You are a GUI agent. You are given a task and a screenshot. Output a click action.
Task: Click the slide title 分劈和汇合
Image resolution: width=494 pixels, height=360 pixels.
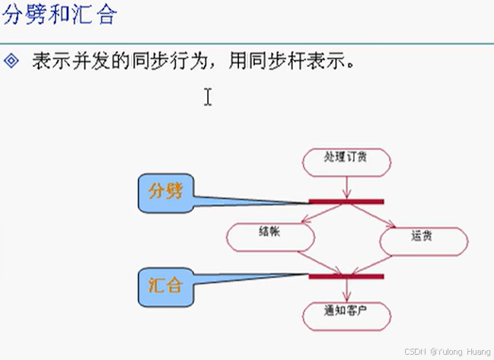(x=59, y=16)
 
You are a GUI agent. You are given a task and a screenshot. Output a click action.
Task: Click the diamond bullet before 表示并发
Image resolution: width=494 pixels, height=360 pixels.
(x=11, y=61)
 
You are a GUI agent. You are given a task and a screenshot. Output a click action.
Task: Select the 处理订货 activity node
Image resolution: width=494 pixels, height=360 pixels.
(x=346, y=161)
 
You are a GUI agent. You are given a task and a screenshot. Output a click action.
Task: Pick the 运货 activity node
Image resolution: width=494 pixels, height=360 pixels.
(x=423, y=240)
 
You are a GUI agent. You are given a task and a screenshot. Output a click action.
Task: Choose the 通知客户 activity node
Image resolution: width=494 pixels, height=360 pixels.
(x=346, y=314)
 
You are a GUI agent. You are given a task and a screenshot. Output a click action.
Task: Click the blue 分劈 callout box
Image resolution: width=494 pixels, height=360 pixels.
(x=166, y=193)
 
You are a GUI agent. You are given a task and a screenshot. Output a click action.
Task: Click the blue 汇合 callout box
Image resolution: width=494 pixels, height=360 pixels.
(x=166, y=286)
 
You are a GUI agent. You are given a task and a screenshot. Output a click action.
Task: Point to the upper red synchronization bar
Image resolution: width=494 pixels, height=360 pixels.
(x=346, y=202)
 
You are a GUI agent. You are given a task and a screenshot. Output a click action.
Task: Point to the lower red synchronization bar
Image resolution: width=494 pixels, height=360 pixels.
(x=346, y=276)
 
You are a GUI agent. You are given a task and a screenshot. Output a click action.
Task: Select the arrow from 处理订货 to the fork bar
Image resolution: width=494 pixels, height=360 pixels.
(x=346, y=187)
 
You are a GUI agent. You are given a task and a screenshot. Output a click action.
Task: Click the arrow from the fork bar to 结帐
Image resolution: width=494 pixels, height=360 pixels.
(x=324, y=212)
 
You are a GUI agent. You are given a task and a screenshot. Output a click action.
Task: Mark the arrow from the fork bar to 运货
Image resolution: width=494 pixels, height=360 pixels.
(x=374, y=215)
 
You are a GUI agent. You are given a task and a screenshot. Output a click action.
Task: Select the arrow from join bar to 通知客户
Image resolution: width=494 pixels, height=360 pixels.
(x=347, y=290)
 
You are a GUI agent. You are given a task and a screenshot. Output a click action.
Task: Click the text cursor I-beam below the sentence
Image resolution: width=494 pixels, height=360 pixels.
(x=207, y=97)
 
